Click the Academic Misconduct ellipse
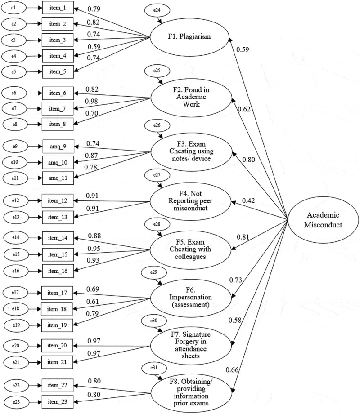tap(323, 220)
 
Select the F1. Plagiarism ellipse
tap(189, 37)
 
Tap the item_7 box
tap(58, 109)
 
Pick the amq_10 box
tap(58, 162)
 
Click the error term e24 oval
tap(157, 10)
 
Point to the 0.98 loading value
tap(91, 102)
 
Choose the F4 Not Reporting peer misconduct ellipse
tap(190, 201)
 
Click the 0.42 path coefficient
tap(248, 200)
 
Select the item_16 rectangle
tap(58, 271)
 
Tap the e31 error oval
tap(154, 368)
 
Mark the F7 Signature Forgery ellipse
tap(191, 345)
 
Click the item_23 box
tap(57, 402)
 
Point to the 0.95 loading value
tap(94, 249)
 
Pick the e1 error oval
tap(14, 8)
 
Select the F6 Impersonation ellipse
tap(191, 298)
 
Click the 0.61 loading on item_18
tap(92, 302)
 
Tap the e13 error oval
tap(16, 217)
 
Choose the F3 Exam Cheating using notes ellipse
tap(191, 151)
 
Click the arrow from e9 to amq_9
tap(35, 147)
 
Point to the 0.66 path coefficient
tap(232, 370)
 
